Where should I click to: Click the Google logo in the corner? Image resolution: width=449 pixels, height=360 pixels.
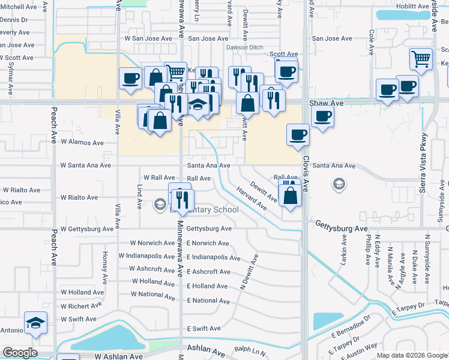20,353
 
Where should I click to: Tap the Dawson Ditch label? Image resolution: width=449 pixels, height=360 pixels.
244,48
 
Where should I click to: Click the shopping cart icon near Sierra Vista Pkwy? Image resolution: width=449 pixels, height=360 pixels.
421,59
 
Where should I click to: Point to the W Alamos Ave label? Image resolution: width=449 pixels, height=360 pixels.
82,143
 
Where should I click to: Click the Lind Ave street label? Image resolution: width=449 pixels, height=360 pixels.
139,196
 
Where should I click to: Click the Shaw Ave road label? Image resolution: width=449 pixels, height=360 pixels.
327,103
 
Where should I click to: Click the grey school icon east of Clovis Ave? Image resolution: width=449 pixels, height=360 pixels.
339,184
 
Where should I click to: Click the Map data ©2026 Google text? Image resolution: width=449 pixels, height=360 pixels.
411,355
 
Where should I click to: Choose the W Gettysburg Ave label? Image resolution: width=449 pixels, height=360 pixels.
86,229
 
